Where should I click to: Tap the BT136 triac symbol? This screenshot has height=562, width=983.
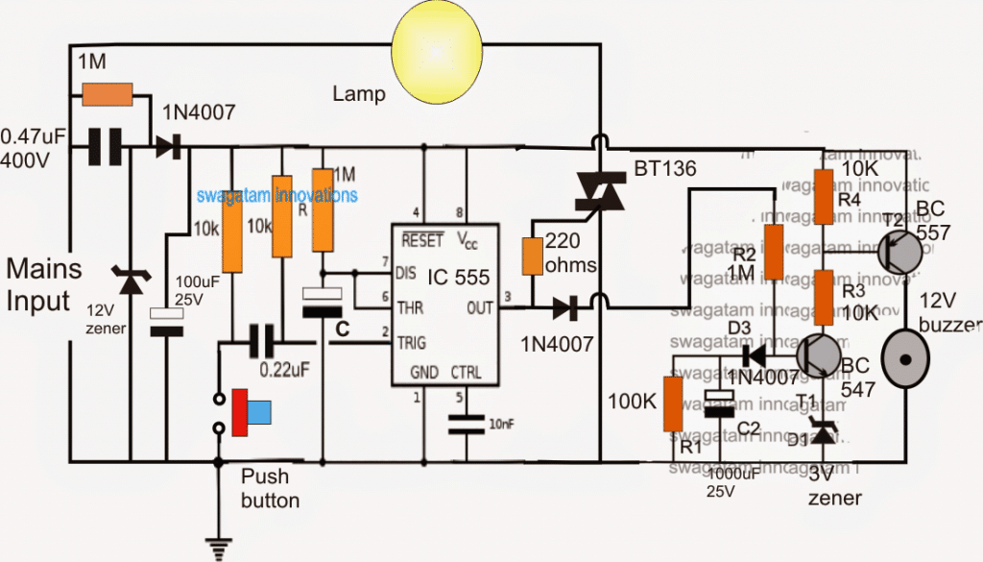coord(599,192)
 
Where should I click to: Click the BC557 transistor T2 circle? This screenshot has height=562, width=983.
coord(900,252)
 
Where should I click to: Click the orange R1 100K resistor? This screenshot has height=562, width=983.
coord(675,406)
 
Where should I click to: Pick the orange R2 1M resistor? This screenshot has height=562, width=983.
coord(773,252)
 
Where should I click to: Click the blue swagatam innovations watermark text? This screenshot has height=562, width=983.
coord(277,195)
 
